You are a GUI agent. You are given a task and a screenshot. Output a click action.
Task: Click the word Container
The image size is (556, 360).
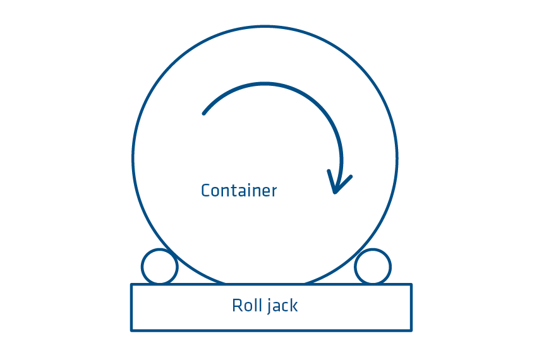coord(239,190)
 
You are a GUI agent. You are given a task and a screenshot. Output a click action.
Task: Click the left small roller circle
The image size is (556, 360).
coord(159,267)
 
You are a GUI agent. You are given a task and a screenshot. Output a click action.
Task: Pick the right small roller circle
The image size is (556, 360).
coord(373,267)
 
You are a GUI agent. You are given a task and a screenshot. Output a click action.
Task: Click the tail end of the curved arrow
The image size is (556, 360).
coord(203,114)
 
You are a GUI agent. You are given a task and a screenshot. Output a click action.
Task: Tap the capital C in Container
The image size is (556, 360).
coord(205,190)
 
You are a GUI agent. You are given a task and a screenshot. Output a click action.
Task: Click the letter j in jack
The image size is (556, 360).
coord(269,307)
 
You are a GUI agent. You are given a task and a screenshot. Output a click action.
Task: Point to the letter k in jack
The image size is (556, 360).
coord(294,306)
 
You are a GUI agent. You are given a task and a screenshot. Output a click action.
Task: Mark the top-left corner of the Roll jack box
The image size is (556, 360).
coord(131,285)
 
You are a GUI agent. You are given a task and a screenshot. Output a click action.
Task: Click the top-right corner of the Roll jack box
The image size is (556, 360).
coord(411,285)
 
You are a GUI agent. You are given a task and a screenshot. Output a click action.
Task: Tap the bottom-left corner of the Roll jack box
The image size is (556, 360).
coord(131,330)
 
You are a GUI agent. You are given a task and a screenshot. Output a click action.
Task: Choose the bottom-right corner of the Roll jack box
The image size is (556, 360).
coord(411,330)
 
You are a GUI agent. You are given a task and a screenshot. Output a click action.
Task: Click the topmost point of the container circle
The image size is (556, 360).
coord(265,27)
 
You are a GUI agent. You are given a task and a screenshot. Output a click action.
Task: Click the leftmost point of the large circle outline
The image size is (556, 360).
coord(133,159)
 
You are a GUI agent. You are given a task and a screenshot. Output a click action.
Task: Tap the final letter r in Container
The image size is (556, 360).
coord(274,191)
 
